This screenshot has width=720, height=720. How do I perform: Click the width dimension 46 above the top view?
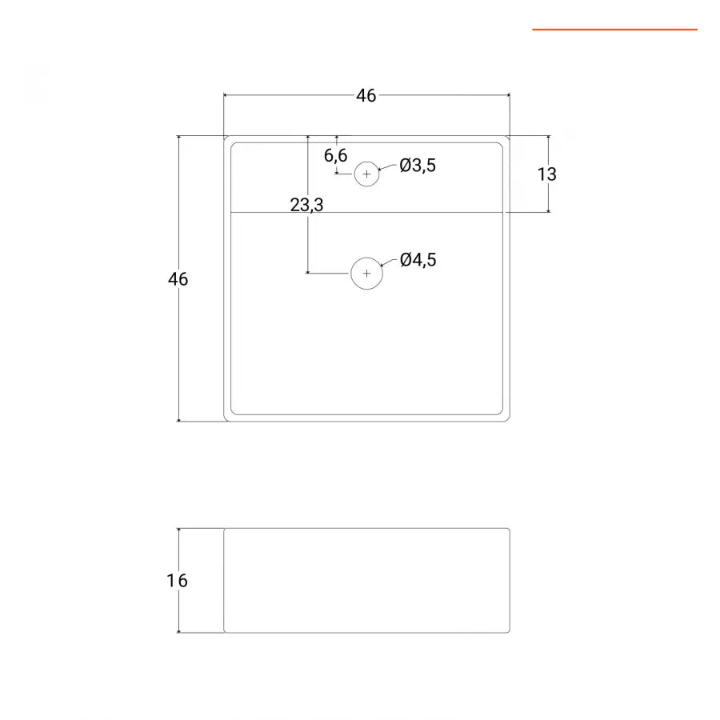tap(366, 96)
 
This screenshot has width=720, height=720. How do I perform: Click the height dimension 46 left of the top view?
tap(178, 279)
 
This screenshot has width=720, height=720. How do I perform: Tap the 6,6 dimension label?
tap(335, 156)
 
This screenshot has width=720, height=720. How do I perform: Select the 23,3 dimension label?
tap(306, 205)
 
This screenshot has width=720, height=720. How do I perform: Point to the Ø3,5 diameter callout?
tap(418, 166)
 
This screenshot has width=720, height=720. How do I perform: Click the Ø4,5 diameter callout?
tap(418, 260)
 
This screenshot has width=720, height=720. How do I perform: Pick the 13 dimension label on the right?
tap(547, 174)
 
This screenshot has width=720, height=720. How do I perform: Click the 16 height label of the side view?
tap(178, 581)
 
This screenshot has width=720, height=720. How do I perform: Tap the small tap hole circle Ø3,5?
tap(366, 174)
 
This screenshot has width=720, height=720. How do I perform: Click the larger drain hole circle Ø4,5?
tap(367, 274)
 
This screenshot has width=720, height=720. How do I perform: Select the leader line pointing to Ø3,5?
tap(388, 168)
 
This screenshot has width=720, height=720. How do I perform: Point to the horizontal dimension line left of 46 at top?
tap(288, 95)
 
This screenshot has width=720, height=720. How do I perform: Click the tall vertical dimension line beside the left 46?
tap(178, 360)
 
